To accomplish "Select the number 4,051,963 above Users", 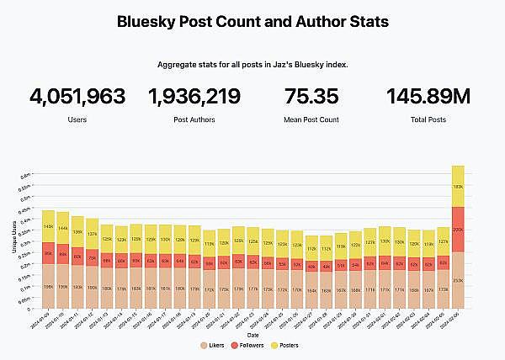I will pyautogui.click(x=77, y=97).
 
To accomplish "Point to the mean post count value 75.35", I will pyautogui.click(x=311, y=97).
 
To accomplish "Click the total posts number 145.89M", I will pyautogui.click(x=428, y=97).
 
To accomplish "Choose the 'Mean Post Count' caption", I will pyautogui.click(x=311, y=120).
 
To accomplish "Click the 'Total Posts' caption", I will pyautogui.click(x=428, y=120).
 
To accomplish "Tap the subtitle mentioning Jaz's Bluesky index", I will pyautogui.click(x=252, y=64).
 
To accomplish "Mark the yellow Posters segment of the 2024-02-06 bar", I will pyautogui.click(x=458, y=186).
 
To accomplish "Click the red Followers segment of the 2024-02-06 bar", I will pyautogui.click(x=458, y=229).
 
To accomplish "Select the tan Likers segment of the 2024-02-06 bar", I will pyautogui.click(x=458, y=278).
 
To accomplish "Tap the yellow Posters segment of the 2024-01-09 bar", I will pyautogui.click(x=48, y=226).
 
